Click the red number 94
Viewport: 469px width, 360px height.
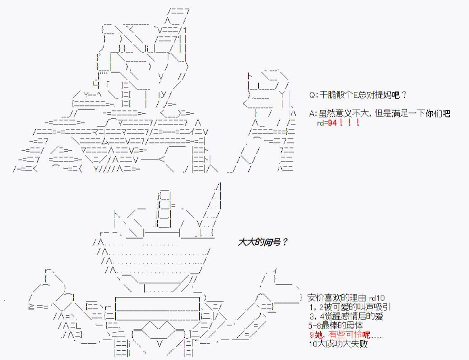(333, 123)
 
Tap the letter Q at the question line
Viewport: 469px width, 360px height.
(312, 95)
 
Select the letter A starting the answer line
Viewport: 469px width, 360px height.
(312, 114)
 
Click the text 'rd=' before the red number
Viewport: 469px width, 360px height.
(322, 123)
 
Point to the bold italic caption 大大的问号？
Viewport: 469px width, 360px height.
(263, 243)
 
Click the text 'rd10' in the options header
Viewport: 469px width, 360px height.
(377, 298)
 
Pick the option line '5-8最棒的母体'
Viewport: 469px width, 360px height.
(335, 325)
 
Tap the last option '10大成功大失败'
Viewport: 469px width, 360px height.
(338, 344)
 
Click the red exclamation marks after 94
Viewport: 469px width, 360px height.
(349, 123)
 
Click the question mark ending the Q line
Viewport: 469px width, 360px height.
(404, 95)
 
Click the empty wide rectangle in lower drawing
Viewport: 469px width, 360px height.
(157, 309)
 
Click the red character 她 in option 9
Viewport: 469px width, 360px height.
(317, 335)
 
